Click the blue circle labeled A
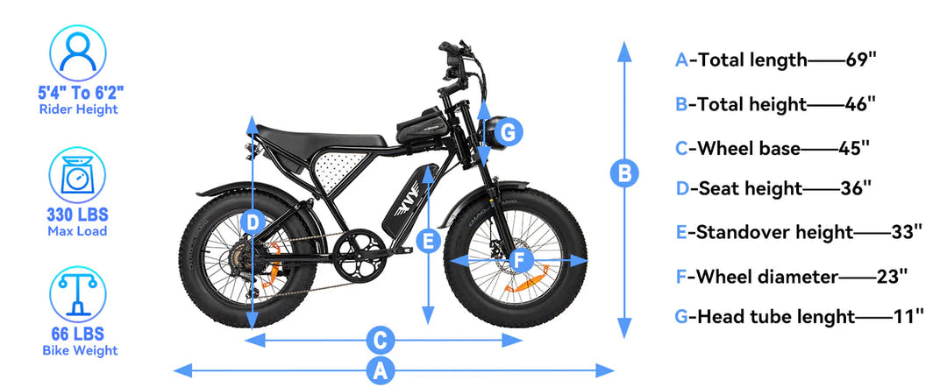(380, 370)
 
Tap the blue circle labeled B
(623, 173)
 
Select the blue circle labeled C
(380, 339)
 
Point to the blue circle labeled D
(253, 223)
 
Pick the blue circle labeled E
(428, 242)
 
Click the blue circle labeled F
(520, 260)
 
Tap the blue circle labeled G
(509, 133)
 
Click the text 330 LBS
(78, 215)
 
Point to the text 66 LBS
(78, 334)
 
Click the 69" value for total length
(861, 60)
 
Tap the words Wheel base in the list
(744, 148)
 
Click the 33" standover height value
(906, 232)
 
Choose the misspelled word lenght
(818, 316)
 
